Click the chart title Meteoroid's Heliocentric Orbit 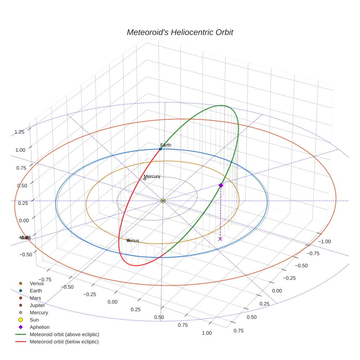pyautogui.click(x=180, y=32)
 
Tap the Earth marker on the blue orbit pyautogui.click(x=160, y=149)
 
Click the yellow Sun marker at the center pyautogui.click(x=163, y=201)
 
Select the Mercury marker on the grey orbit pyautogui.click(x=145, y=179)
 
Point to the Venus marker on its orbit pyautogui.click(x=128, y=240)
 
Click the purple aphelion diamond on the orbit pyautogui.click(x=221, y=185)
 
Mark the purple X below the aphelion pyautogui.click(x=220, y=239)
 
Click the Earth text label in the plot pyautogui.click(x=166, y=145)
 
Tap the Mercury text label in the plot pyautogui.click(x=152, y=176)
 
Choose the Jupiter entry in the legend pyautogui.click(x=37, y=305)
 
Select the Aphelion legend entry pyautogui.click(x=40, y=327)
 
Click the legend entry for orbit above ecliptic pyautogui.click(x=64, y=334)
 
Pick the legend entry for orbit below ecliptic pyautogui.click(x=64, y=342)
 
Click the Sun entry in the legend pyautogui.click(x=34, y=320)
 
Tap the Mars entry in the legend pyautogui.click(x=35, y=298)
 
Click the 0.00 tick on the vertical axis pyautogui.click(x=24, y=220)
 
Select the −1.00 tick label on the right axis pyautogui.click(x=325, y=241)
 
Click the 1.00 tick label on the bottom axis pyautogui.click(x=207, y=333)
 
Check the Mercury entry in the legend pyautogui.click(x=39, y=312)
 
